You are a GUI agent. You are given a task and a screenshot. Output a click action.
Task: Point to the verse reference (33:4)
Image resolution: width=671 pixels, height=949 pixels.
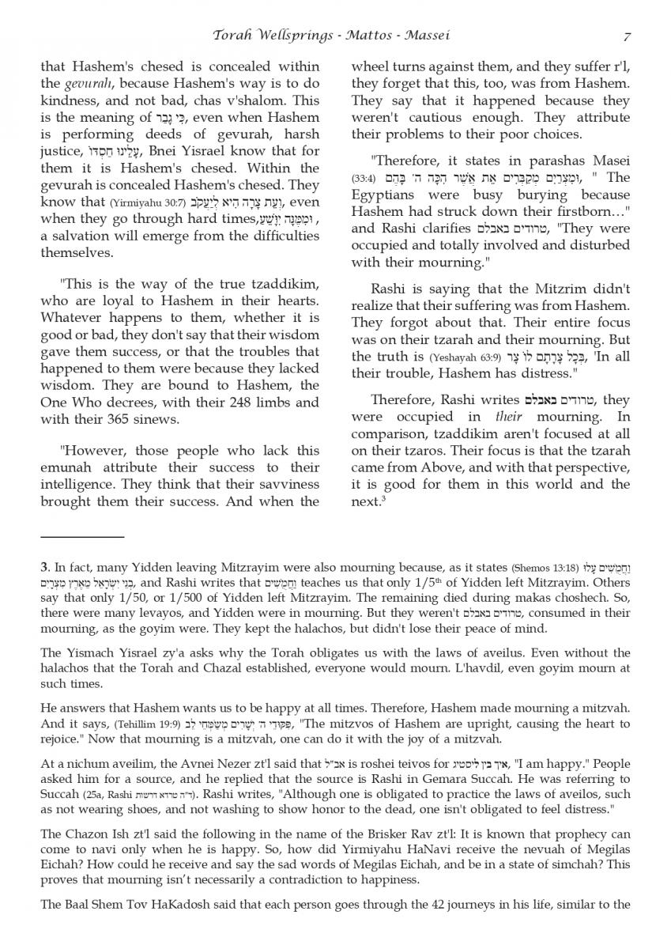364,178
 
